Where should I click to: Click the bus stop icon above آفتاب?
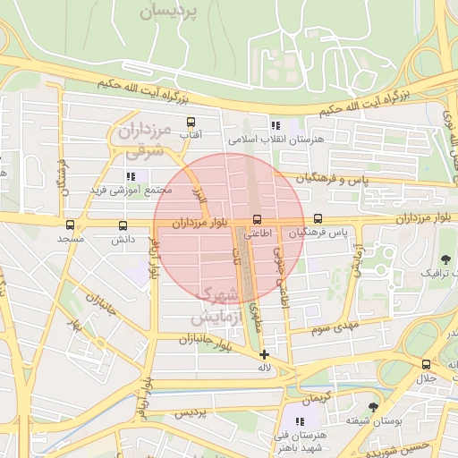point(190,122)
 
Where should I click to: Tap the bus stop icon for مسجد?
point(70,225)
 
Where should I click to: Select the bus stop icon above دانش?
point(123,225)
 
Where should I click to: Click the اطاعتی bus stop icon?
point(258,219)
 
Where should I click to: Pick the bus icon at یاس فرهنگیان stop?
point(318,218)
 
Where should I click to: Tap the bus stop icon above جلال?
point(426,364)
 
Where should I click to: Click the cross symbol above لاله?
point(263,354)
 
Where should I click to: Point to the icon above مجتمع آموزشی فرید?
point(131,177)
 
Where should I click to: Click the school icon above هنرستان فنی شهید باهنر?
point(300,420)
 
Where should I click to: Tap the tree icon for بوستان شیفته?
point(373,406)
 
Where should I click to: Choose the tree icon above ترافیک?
point(420,259)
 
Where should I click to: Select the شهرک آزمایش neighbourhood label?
point(215,305)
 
